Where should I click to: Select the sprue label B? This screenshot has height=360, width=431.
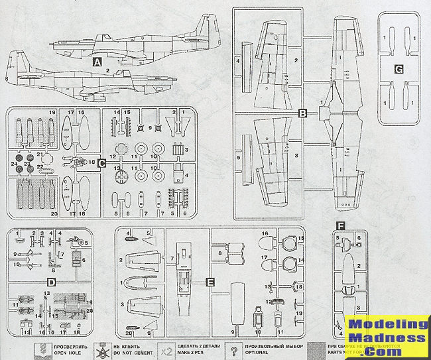[x=302, y=113]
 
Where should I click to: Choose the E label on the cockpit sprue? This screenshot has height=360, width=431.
[x=210, y=282]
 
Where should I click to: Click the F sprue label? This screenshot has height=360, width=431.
[x=340, y=225]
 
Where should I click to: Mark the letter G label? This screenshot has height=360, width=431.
[x=399, y=69]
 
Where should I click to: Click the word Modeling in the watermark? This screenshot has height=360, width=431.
[x=389, y=324]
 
